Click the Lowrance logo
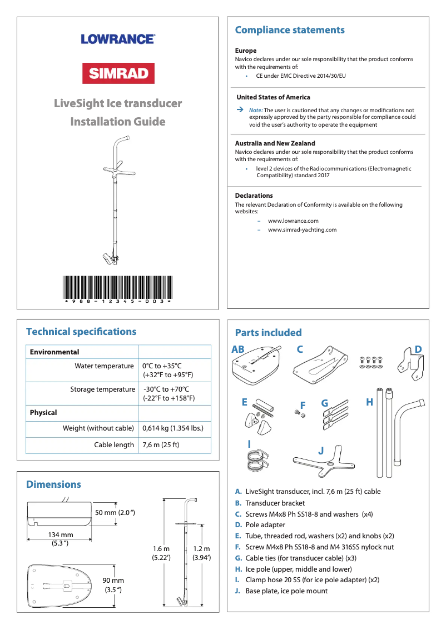click(118, 39)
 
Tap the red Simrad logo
click(118, 73)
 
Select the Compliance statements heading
click(290, 30)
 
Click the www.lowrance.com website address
click(293, 221)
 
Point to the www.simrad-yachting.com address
click(302, 229)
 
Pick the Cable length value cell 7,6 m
click(161, 444)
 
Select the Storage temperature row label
click(102, 389)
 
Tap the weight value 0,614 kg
click(172, 428)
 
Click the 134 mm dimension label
click(61, 538)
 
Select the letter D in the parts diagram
click(418, 349)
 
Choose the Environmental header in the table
click(54, 352)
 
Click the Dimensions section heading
click(54, 484)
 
